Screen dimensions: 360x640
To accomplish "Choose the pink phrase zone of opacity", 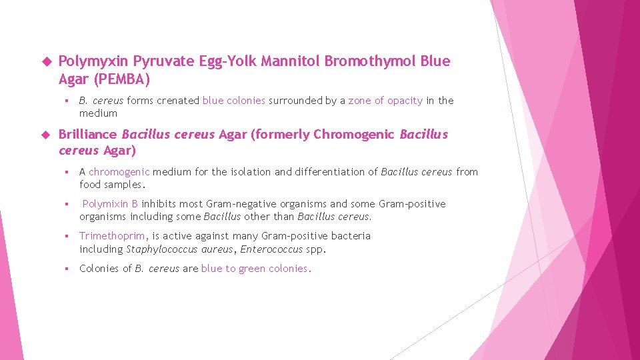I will click(x=385, y=101).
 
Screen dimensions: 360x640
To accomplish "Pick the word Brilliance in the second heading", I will click(x=88, y=135).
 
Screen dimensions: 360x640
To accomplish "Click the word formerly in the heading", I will click(x=279, y=135).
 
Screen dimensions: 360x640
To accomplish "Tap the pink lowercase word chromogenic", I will click(x=119, y=172).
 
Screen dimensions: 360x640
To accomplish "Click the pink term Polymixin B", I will click(x=110, y=204).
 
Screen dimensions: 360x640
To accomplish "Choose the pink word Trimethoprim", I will click(x=113, y=236).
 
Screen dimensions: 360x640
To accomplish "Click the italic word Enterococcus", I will click(x=271, y=249).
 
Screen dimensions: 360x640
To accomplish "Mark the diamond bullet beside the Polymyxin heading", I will click(x=46, y=62).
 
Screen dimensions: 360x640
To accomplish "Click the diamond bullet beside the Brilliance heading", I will click(x=46, y=135).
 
